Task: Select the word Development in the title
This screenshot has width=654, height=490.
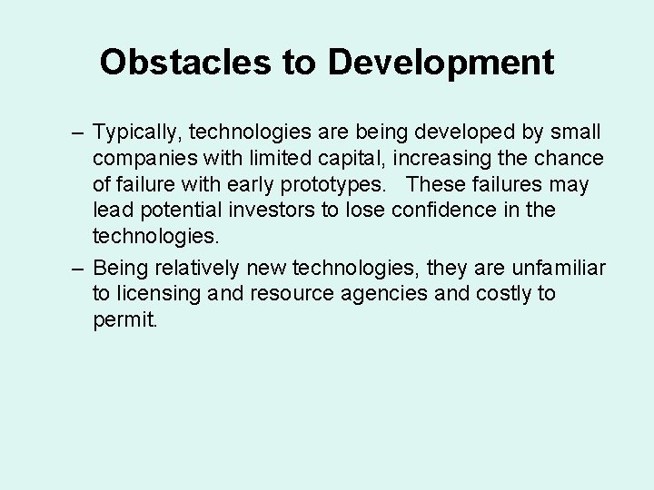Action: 441,63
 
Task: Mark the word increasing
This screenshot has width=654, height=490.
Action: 401,159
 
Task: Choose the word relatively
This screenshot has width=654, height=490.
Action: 197,268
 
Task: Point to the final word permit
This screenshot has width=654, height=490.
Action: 124,320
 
